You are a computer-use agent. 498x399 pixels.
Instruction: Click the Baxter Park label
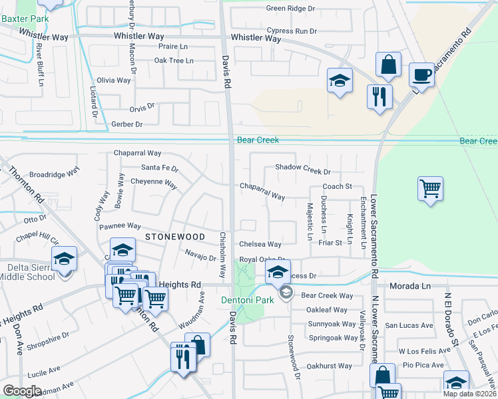point(25,19)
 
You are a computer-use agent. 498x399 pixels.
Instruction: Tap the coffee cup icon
point(421,74)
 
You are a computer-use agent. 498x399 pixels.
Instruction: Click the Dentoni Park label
point(247,301)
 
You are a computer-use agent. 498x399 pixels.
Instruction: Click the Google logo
point(23,391)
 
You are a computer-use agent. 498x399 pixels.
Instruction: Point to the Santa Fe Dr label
point(160,168)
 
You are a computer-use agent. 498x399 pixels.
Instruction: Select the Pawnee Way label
point(120,226)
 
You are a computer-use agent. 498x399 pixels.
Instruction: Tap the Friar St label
point(330,243)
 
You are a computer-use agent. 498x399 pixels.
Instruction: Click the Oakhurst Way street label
point(329,366)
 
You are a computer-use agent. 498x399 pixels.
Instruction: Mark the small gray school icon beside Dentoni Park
point(286,293)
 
